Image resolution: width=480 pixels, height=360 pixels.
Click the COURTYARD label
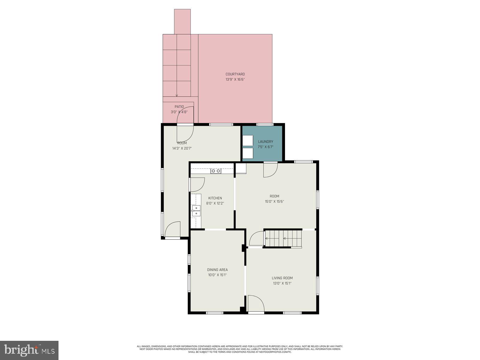coord(235,74)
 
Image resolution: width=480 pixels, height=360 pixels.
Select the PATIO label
coord(179,106)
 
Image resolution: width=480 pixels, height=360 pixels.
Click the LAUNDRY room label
coord(265,142)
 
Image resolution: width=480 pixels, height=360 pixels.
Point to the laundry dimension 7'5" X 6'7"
coord(265,147)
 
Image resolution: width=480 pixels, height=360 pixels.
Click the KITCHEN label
coord(215,198)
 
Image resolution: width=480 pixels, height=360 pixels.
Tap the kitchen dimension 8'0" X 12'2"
coord(215,203)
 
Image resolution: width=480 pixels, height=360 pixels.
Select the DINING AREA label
coord(217,270)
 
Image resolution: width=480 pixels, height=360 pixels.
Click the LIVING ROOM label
coord(282,278)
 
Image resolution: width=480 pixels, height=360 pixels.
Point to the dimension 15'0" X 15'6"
coord(274,202)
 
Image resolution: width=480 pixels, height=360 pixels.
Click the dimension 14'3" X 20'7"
coord(182,148)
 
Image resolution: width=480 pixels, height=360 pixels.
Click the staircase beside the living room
coord(283,239)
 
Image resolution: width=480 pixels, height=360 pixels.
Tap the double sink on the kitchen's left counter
coord(196,211)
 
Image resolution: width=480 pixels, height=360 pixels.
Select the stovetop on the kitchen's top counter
coord(216,171)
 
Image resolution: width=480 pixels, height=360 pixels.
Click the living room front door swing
coord(255,304)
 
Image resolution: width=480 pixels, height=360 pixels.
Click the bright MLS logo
coord(29,350)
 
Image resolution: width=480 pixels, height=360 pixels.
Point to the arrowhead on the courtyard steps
coord(177,96)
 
